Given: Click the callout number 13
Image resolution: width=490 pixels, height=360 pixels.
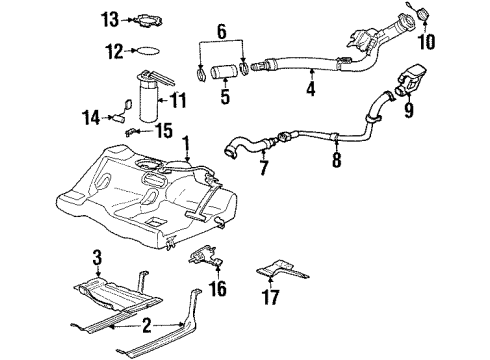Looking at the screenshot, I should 108,20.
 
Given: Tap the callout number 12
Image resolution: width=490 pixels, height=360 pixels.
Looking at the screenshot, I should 114,50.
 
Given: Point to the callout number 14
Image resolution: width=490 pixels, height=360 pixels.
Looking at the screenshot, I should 90,117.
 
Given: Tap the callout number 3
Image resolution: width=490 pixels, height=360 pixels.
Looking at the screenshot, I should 98,262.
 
